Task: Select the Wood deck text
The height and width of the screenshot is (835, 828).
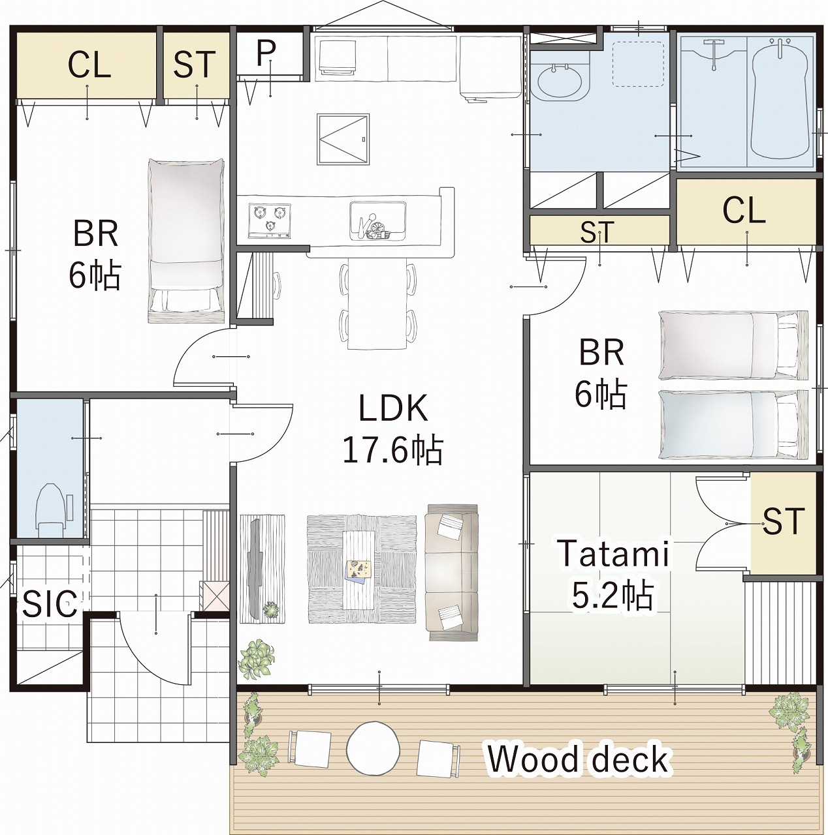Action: click(x=578, y=759)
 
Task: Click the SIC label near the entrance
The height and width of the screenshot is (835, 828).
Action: click(x=50, y=603)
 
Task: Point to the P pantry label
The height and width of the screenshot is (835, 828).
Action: click(x=266, y=53)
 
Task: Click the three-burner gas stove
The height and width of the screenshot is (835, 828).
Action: click(x=270, y=220)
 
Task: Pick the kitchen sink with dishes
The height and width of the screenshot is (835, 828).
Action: click(x=377, y=220)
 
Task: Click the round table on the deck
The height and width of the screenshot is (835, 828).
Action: click(x=374, y=748)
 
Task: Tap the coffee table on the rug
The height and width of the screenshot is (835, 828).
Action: click(x=361, y=569)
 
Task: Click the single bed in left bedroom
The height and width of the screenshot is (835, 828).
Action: click(x=186, y=241)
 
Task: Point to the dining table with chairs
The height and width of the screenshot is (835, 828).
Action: click(x=377, y=303)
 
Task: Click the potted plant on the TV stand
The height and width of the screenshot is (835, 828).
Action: click(x=272, y=610)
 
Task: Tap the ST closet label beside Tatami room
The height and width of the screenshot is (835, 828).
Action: click(x=784, y=521)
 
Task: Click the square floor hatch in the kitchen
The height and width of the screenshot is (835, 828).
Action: click(x=343, y=139)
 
